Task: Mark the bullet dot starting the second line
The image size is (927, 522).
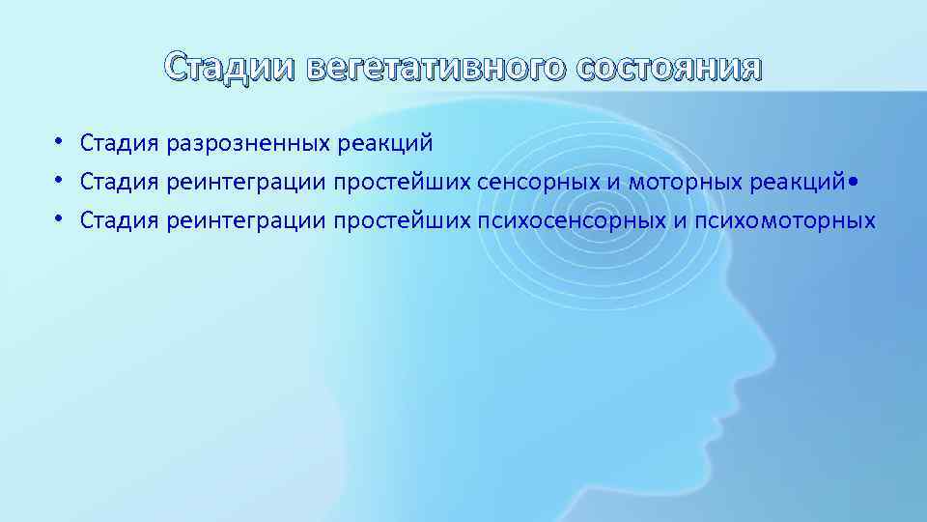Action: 59,181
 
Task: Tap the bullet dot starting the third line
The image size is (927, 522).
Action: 59,218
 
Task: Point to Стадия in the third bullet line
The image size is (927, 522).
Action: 120,220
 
